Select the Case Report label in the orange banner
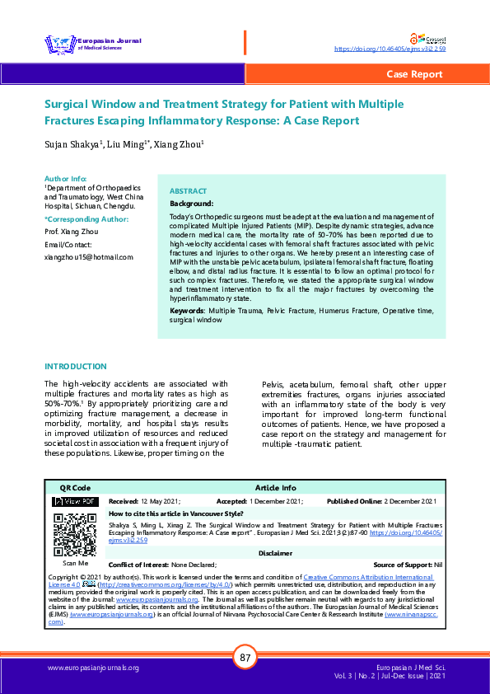414,74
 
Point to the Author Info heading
65,178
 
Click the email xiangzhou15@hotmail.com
88,257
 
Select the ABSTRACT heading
188,190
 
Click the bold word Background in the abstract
191,203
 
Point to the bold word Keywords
188,310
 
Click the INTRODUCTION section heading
75,366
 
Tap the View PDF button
75,501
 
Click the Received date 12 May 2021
161,501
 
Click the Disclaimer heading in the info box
275,553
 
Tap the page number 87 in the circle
245,658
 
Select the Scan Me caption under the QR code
74,564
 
